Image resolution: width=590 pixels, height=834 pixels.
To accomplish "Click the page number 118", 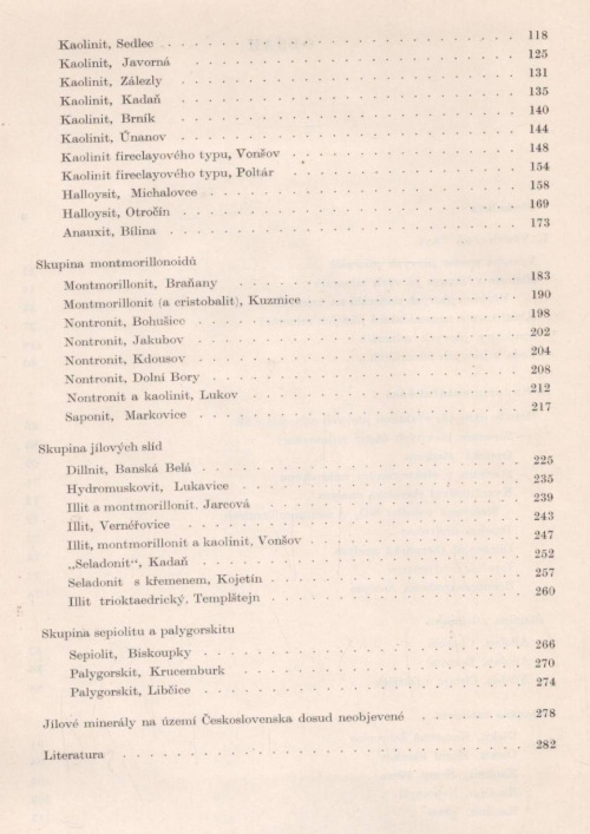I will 537,35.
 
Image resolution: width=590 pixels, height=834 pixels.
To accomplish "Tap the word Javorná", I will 146,63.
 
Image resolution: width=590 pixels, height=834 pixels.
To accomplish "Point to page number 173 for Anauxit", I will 540,223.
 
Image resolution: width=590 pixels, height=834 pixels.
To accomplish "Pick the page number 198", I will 540,313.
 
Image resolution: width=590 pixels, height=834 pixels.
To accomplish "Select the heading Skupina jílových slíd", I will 101,447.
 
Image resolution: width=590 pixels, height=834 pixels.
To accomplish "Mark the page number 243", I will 544,516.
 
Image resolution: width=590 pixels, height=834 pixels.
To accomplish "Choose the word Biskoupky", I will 159,653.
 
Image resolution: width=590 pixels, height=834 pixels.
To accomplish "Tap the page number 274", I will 545,682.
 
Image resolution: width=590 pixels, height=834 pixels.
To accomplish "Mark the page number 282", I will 546,744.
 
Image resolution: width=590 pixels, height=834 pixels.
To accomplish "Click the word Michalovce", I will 164,192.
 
